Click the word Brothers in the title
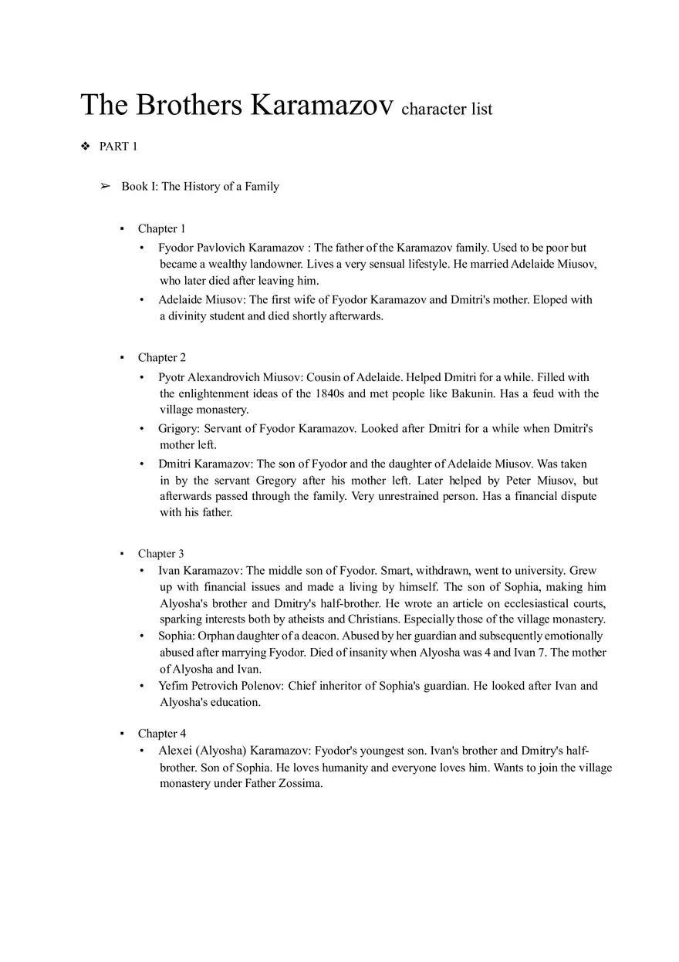(x=189, y=106)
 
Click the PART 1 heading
(x=118, y=147)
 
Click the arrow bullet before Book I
(x=106, y=187)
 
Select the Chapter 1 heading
(x=161, y=228)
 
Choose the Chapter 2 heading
(x=161, y=357)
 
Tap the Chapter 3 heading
(x=160, y=553)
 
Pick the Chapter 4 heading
(x=161, y=733)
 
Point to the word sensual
(x=383, y=265)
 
